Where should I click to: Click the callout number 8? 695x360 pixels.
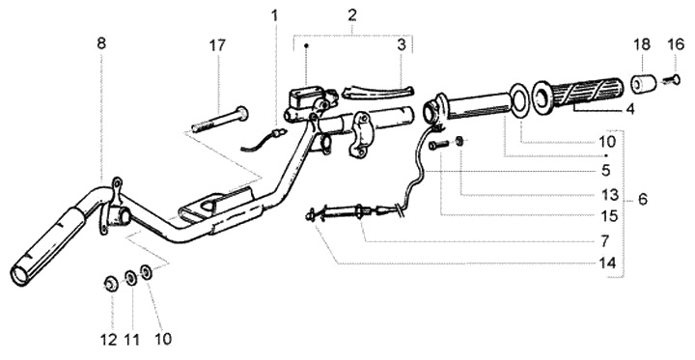101,43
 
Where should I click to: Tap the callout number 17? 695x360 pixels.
217,45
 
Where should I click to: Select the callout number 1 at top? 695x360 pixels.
275,16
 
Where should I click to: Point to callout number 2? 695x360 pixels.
352,14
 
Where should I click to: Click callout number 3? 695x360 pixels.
402,44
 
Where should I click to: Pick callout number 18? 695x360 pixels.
642,44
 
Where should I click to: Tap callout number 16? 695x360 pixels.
676,44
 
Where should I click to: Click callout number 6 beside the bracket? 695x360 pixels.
642,200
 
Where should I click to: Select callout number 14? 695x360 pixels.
607,263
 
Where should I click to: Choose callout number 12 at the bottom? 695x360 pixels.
109,340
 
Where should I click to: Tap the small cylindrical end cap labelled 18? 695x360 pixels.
642,84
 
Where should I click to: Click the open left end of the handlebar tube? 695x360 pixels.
19,275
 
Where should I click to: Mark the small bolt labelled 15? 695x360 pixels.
438,145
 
